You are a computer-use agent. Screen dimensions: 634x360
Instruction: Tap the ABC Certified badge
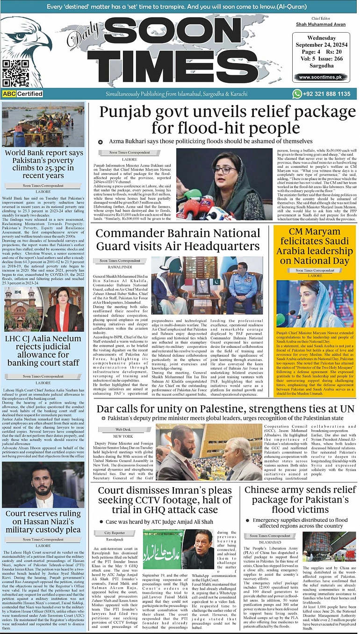click(x=23, y=94)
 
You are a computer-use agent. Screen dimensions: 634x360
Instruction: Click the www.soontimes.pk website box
click(x=321, y=78)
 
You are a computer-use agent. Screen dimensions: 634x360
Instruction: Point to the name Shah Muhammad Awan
click(x=321, y=24)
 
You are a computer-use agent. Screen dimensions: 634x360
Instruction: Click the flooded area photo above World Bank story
click(x=43, y=124)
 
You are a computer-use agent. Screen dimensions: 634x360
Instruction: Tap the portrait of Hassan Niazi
click(x=43, y=485)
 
